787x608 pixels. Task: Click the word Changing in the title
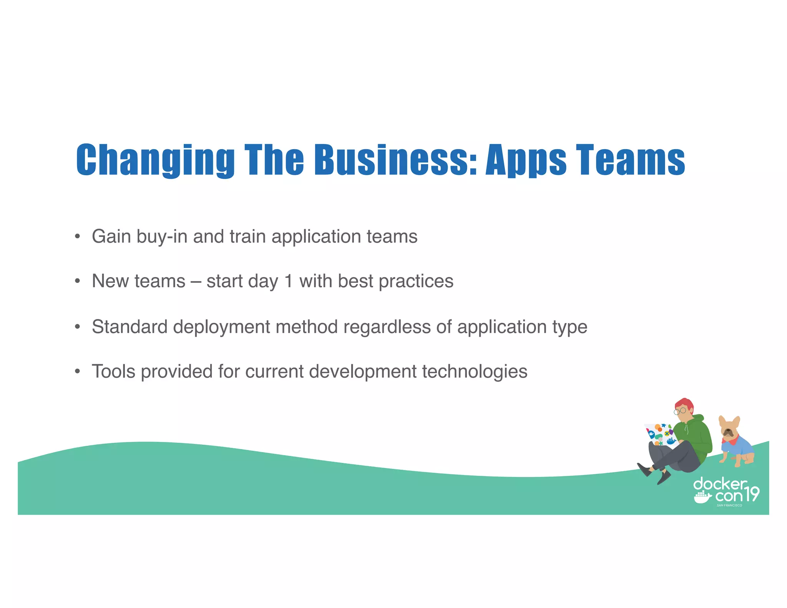(x=155, y=160)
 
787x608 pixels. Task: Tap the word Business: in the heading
(x=396, y=160)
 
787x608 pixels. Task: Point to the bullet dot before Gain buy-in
(x=78, y=236)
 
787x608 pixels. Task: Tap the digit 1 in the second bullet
(x=288, y=281)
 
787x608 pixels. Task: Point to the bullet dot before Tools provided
(x=78, y=372)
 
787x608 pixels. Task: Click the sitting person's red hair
(x=685, y=404)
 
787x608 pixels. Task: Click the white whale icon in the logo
(x=702, y=497)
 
